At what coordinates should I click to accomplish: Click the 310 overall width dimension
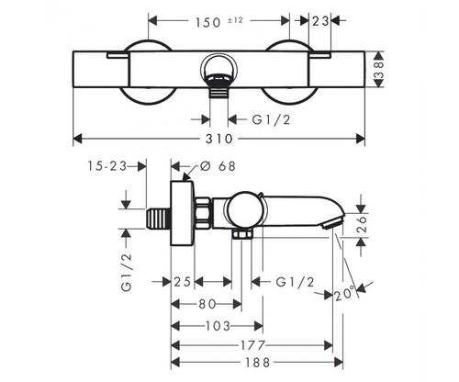pos(219,139)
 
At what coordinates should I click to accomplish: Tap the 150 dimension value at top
pos(208,22)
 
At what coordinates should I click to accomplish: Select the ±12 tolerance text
pos(235,20)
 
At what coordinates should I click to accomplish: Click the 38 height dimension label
pos(379,70)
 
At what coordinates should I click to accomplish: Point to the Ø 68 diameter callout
pos(218,166)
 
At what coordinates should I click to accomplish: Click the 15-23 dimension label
pos(107,166)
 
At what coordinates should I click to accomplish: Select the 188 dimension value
pos(258,363)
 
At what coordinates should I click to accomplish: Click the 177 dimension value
pos(252,346)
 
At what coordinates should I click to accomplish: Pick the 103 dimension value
pos(218,326)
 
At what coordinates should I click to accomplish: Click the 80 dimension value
pos(207,304)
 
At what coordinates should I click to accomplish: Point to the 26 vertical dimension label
pos(362,224)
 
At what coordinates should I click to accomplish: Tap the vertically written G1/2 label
pos(127,273)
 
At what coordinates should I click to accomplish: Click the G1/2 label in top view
pos(271,119)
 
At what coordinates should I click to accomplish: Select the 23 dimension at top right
pos(320,21)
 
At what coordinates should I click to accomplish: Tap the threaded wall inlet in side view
pos(159,219)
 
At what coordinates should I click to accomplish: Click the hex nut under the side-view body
pos(242,234)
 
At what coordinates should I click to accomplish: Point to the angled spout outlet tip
pos(331,224)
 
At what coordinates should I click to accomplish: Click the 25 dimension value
pos(183,282)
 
